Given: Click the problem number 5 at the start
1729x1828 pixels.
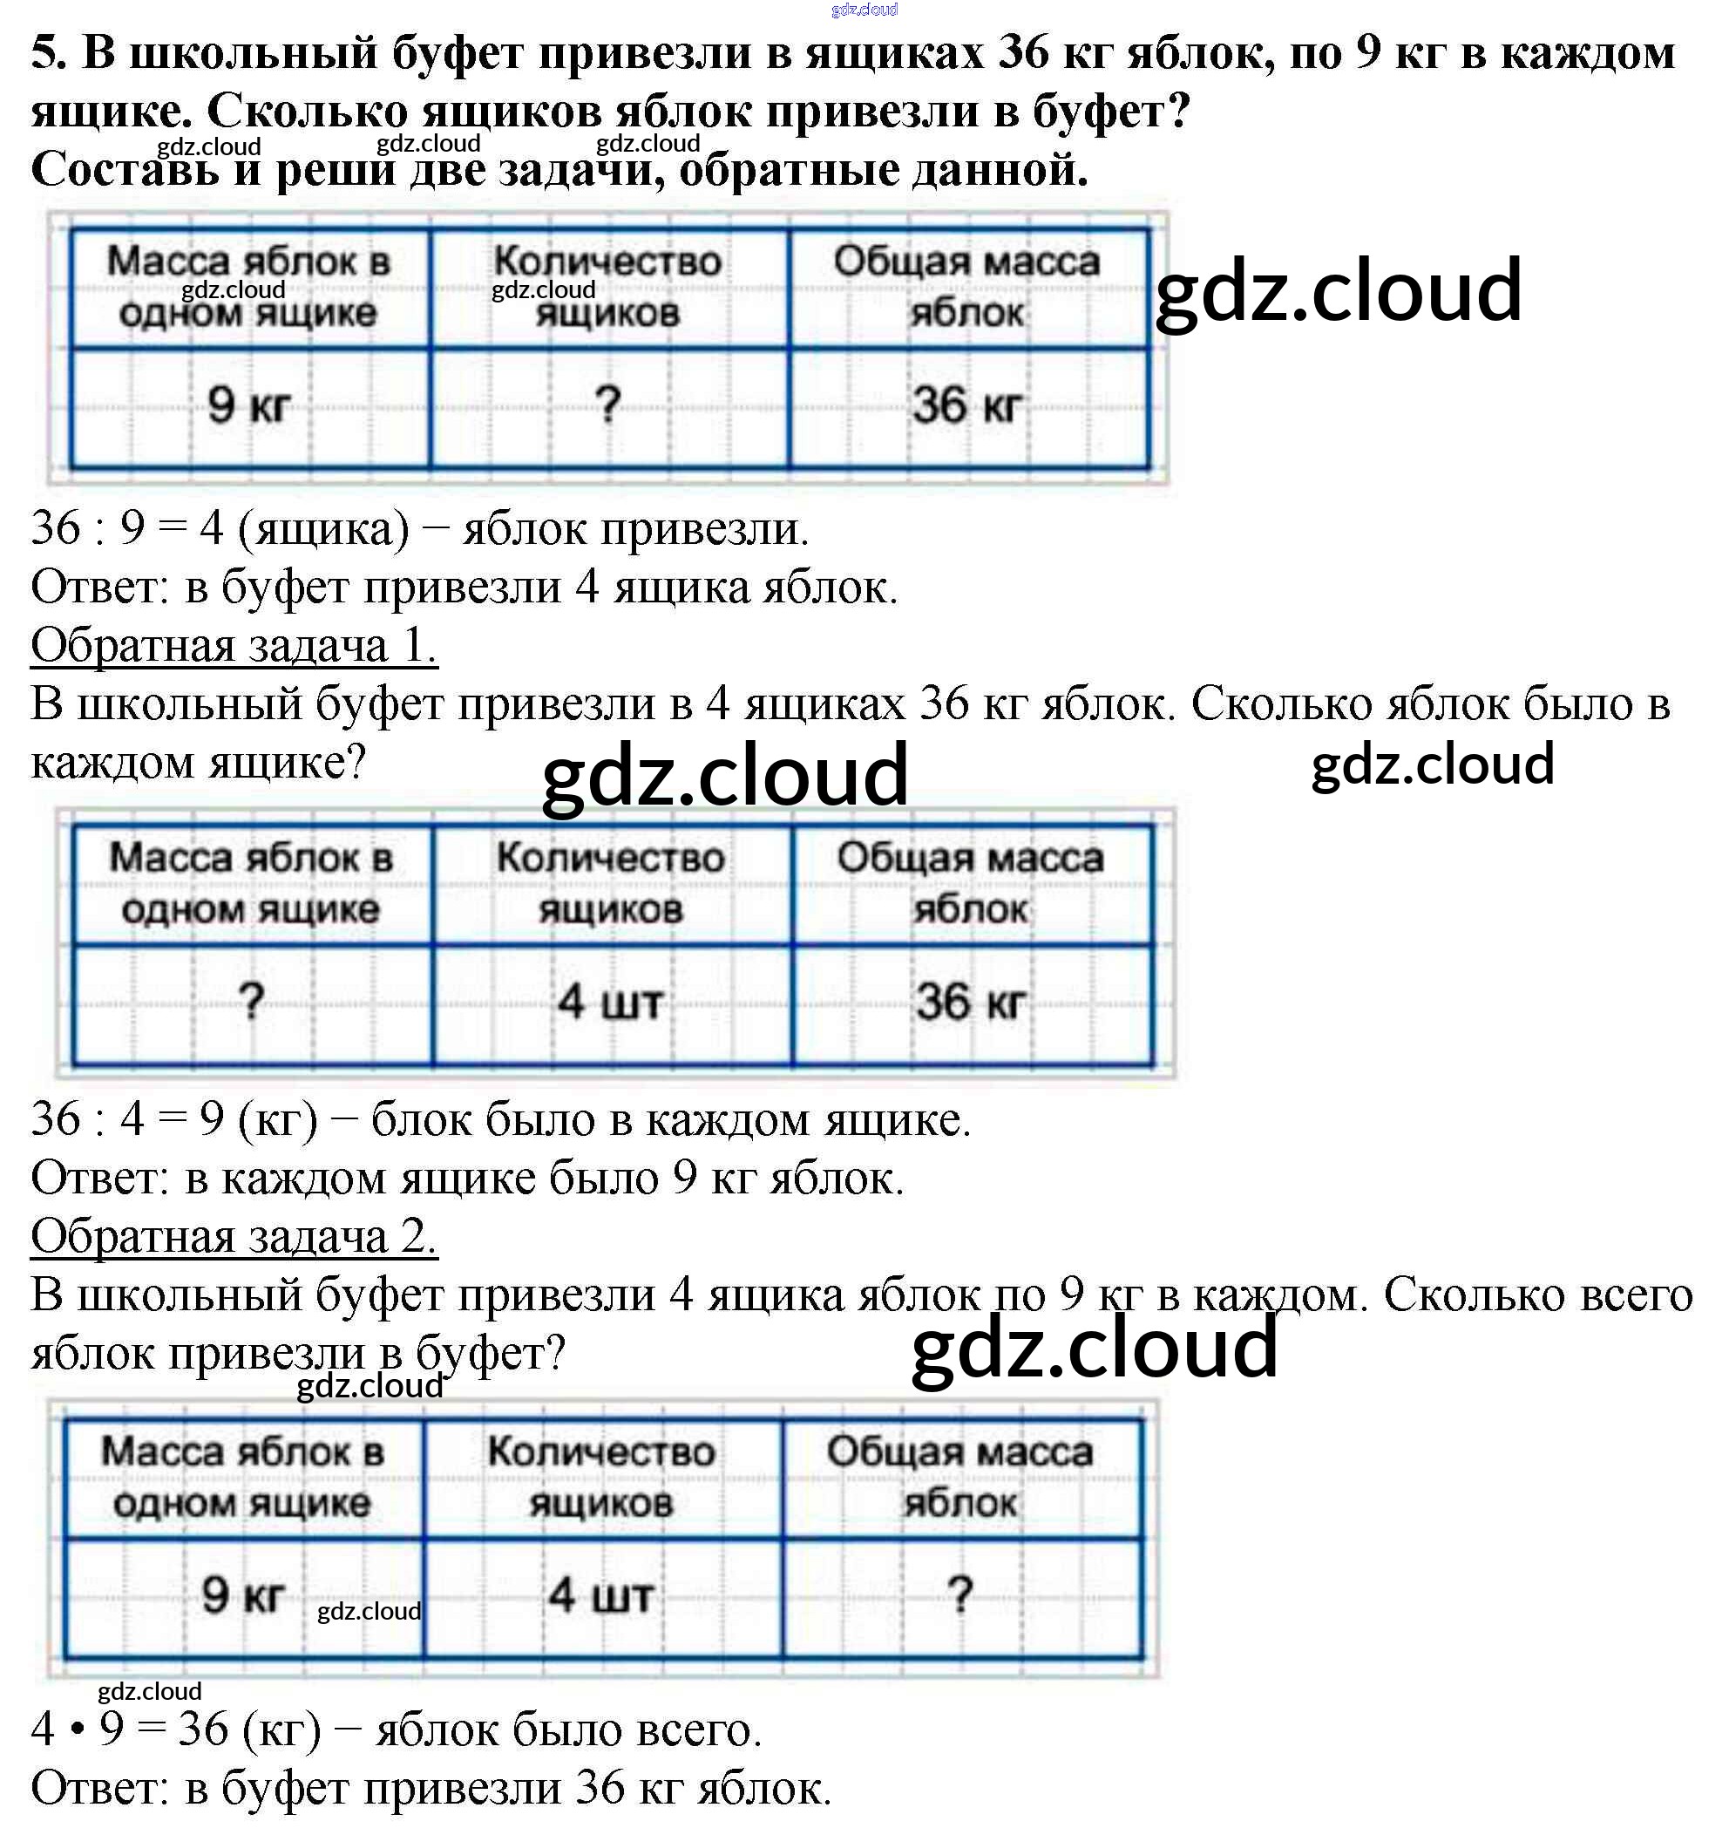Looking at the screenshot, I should tap(48, 53).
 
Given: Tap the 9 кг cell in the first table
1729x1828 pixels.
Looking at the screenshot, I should tap(249, 405).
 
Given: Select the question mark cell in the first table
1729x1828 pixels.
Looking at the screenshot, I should tap(607, 405).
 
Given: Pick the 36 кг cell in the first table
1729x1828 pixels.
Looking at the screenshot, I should tap(966, 405).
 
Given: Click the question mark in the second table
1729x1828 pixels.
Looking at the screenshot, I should tap(251, 1001).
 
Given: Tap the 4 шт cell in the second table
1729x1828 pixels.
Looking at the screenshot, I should tap(609, 1001).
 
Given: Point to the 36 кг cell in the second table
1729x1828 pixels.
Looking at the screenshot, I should tap(970, 1001).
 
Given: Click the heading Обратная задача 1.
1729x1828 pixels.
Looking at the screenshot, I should tap(234, 645).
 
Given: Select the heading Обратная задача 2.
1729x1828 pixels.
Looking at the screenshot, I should tap(234, 1236).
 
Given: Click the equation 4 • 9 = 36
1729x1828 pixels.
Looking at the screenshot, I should tap(129, 1729).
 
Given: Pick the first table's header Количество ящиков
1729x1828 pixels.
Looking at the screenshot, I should tap(607, 287).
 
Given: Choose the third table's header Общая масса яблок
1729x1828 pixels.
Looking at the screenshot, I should tap(960, 1477).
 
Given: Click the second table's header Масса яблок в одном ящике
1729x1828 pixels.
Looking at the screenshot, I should tap(251, 883).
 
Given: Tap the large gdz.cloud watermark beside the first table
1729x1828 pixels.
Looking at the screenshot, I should tap(1339, 290).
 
